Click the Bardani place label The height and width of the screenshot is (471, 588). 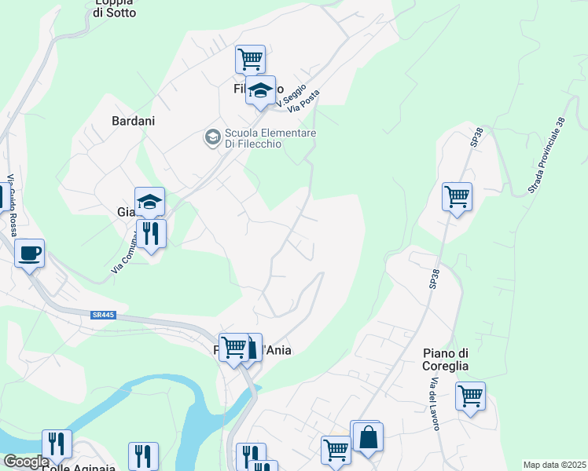click(134, 121)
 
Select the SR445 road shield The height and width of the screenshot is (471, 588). click(103, 316)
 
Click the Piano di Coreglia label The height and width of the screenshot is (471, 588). click(446, 359)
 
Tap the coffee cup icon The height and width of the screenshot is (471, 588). click(29, 254)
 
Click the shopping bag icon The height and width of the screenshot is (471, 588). click(367, 436)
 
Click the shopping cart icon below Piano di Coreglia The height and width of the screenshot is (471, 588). click(470, 396)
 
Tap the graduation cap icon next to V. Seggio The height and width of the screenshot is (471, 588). click(260, 91)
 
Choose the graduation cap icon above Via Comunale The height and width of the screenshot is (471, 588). click(149, 202)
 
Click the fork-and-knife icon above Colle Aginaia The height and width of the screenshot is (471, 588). click(57, 444)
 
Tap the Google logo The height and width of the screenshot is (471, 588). click(26, 462)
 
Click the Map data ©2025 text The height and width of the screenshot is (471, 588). click(554, 465)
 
